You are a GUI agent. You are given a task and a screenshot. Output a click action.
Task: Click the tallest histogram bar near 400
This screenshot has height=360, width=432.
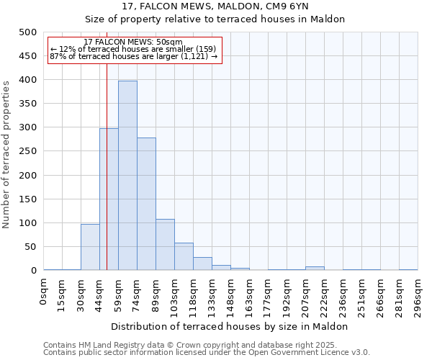tap(127, 176)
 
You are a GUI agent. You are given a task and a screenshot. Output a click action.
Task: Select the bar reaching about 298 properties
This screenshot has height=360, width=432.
tap(109, 199)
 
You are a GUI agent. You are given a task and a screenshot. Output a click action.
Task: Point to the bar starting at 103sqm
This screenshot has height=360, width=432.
tap(184, 256)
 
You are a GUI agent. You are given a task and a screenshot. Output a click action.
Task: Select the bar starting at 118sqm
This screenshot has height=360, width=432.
tap(202, 264)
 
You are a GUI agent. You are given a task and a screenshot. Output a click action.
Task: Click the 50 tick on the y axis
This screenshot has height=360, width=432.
tap(30, 247)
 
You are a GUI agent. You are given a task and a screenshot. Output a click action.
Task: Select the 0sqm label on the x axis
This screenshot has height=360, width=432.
tap(44, 292)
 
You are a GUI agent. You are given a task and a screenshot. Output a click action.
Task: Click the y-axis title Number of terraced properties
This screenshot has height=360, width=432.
tap(7, 154)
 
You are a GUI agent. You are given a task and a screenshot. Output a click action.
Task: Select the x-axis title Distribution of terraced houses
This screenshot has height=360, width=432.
tap(230, 326)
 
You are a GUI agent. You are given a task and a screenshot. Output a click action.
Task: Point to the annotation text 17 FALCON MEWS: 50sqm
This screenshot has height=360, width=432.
tap(133, 42)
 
